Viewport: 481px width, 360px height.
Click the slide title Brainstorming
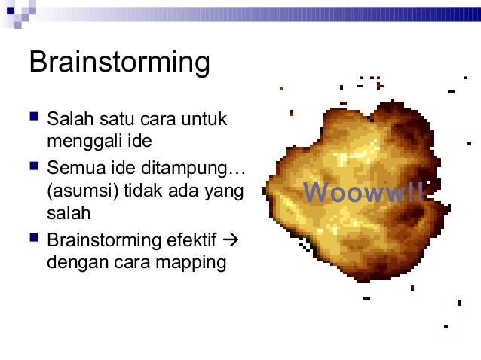119,63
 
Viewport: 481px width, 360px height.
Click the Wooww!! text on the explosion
363,193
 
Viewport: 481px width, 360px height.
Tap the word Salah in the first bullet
66,119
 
